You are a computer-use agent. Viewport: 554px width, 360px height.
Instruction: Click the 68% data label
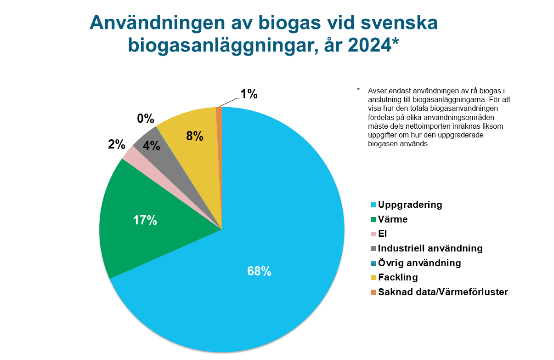(259, 271)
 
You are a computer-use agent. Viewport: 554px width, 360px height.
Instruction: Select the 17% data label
(145, 221)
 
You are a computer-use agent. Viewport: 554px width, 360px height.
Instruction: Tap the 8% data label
(195, 136)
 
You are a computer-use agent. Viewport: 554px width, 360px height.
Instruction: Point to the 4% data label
(152, 146)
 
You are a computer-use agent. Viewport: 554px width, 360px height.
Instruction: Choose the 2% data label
(117, 144)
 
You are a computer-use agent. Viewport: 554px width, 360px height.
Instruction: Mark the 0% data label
(145, 119)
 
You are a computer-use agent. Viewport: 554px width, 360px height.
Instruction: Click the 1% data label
(249, 94)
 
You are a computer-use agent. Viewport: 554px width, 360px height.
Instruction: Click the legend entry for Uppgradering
(410, 205)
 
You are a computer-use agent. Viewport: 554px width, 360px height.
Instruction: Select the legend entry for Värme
(392, 219)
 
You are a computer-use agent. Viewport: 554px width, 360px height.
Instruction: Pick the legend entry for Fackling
(397, 277)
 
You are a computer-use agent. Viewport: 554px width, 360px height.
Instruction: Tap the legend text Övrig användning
(419, 263)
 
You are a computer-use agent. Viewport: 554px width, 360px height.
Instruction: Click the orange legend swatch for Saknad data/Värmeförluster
(373, 292)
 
